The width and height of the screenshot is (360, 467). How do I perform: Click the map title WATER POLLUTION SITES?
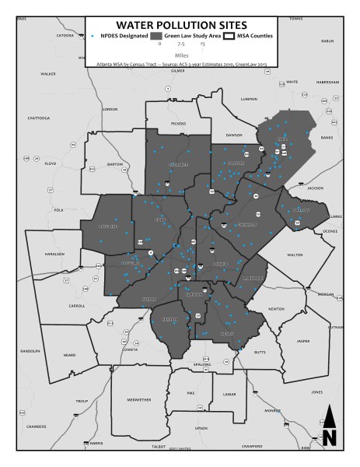tap(180, 26)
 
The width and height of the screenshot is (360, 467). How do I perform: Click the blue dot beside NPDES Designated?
tap(93, 37)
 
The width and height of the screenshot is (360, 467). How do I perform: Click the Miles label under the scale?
tap(180, 55)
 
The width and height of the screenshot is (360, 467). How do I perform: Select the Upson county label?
tap(202, 427)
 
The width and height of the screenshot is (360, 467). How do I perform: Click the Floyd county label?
tap(51, 164)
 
